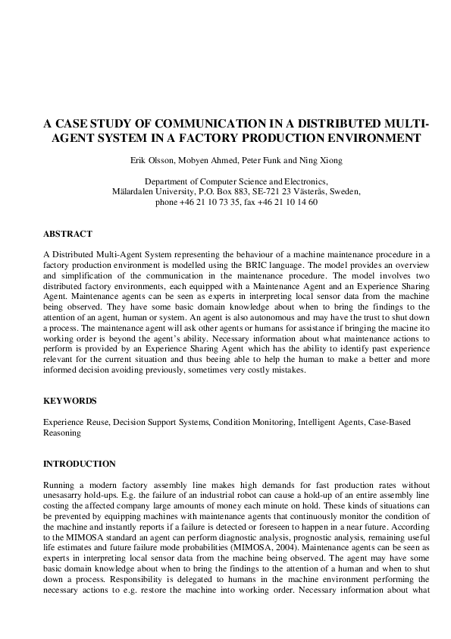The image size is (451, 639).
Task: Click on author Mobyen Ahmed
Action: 207,160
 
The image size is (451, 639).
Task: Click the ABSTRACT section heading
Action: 67,234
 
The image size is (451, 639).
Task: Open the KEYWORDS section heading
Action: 70,400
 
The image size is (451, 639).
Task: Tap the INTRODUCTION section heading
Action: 80,464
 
